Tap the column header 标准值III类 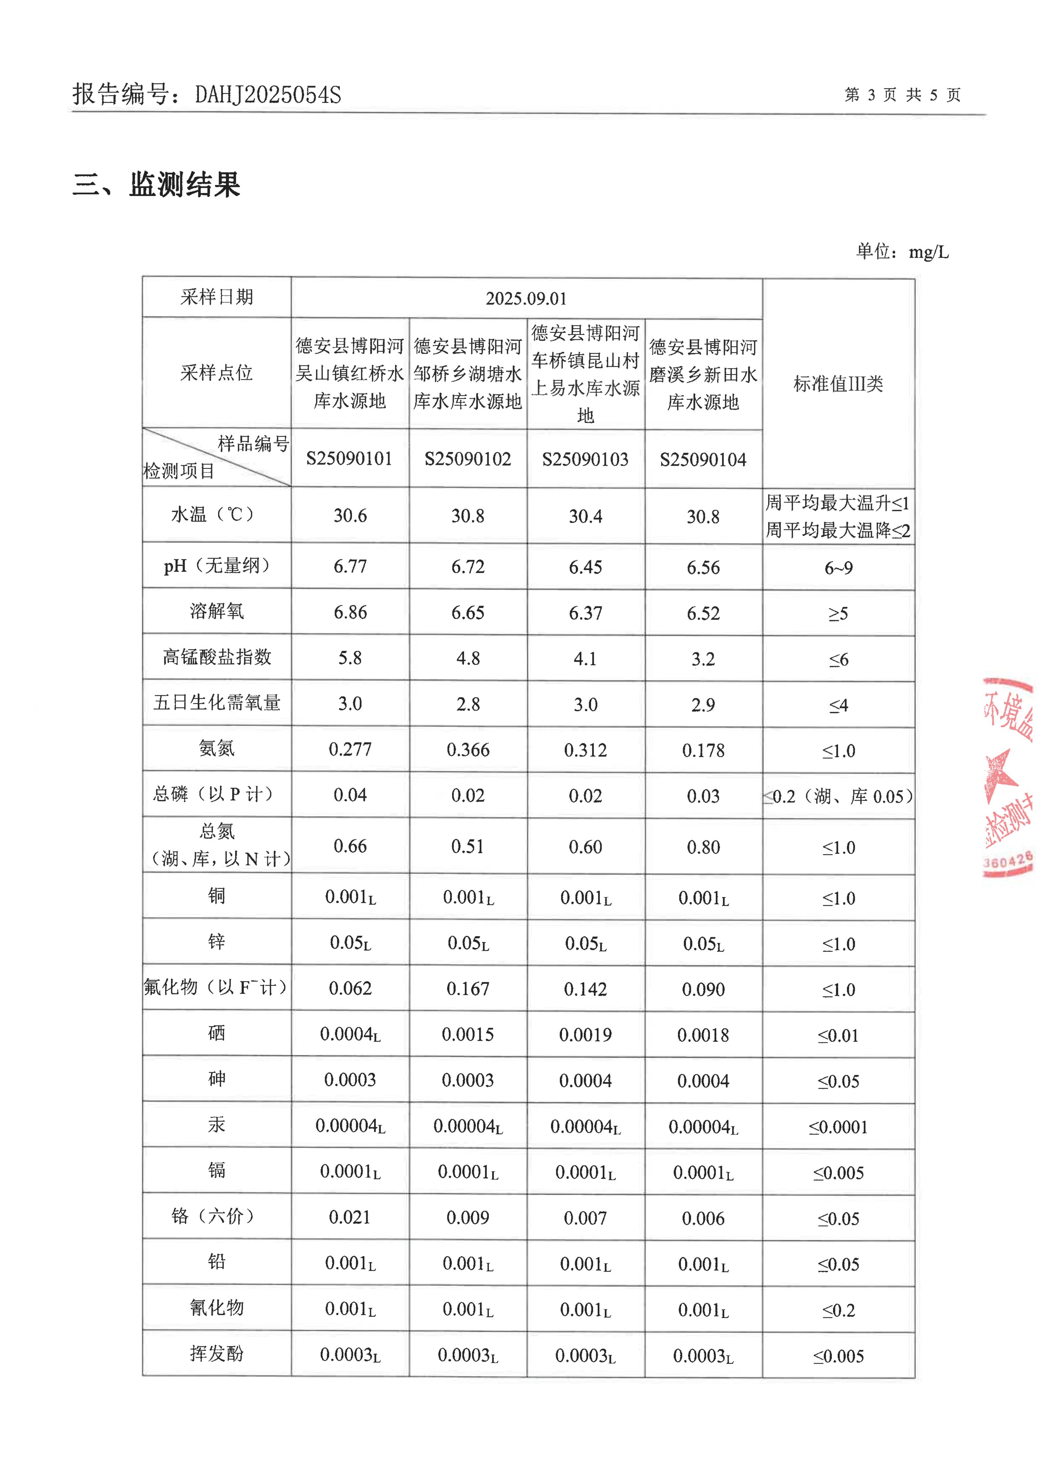click(838, 384)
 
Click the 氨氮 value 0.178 click(703, 750)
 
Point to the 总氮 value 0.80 click(703, 847)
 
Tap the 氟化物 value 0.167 click(468, 989)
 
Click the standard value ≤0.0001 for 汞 click(838, 1127)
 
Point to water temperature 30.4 click(585, 516)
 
